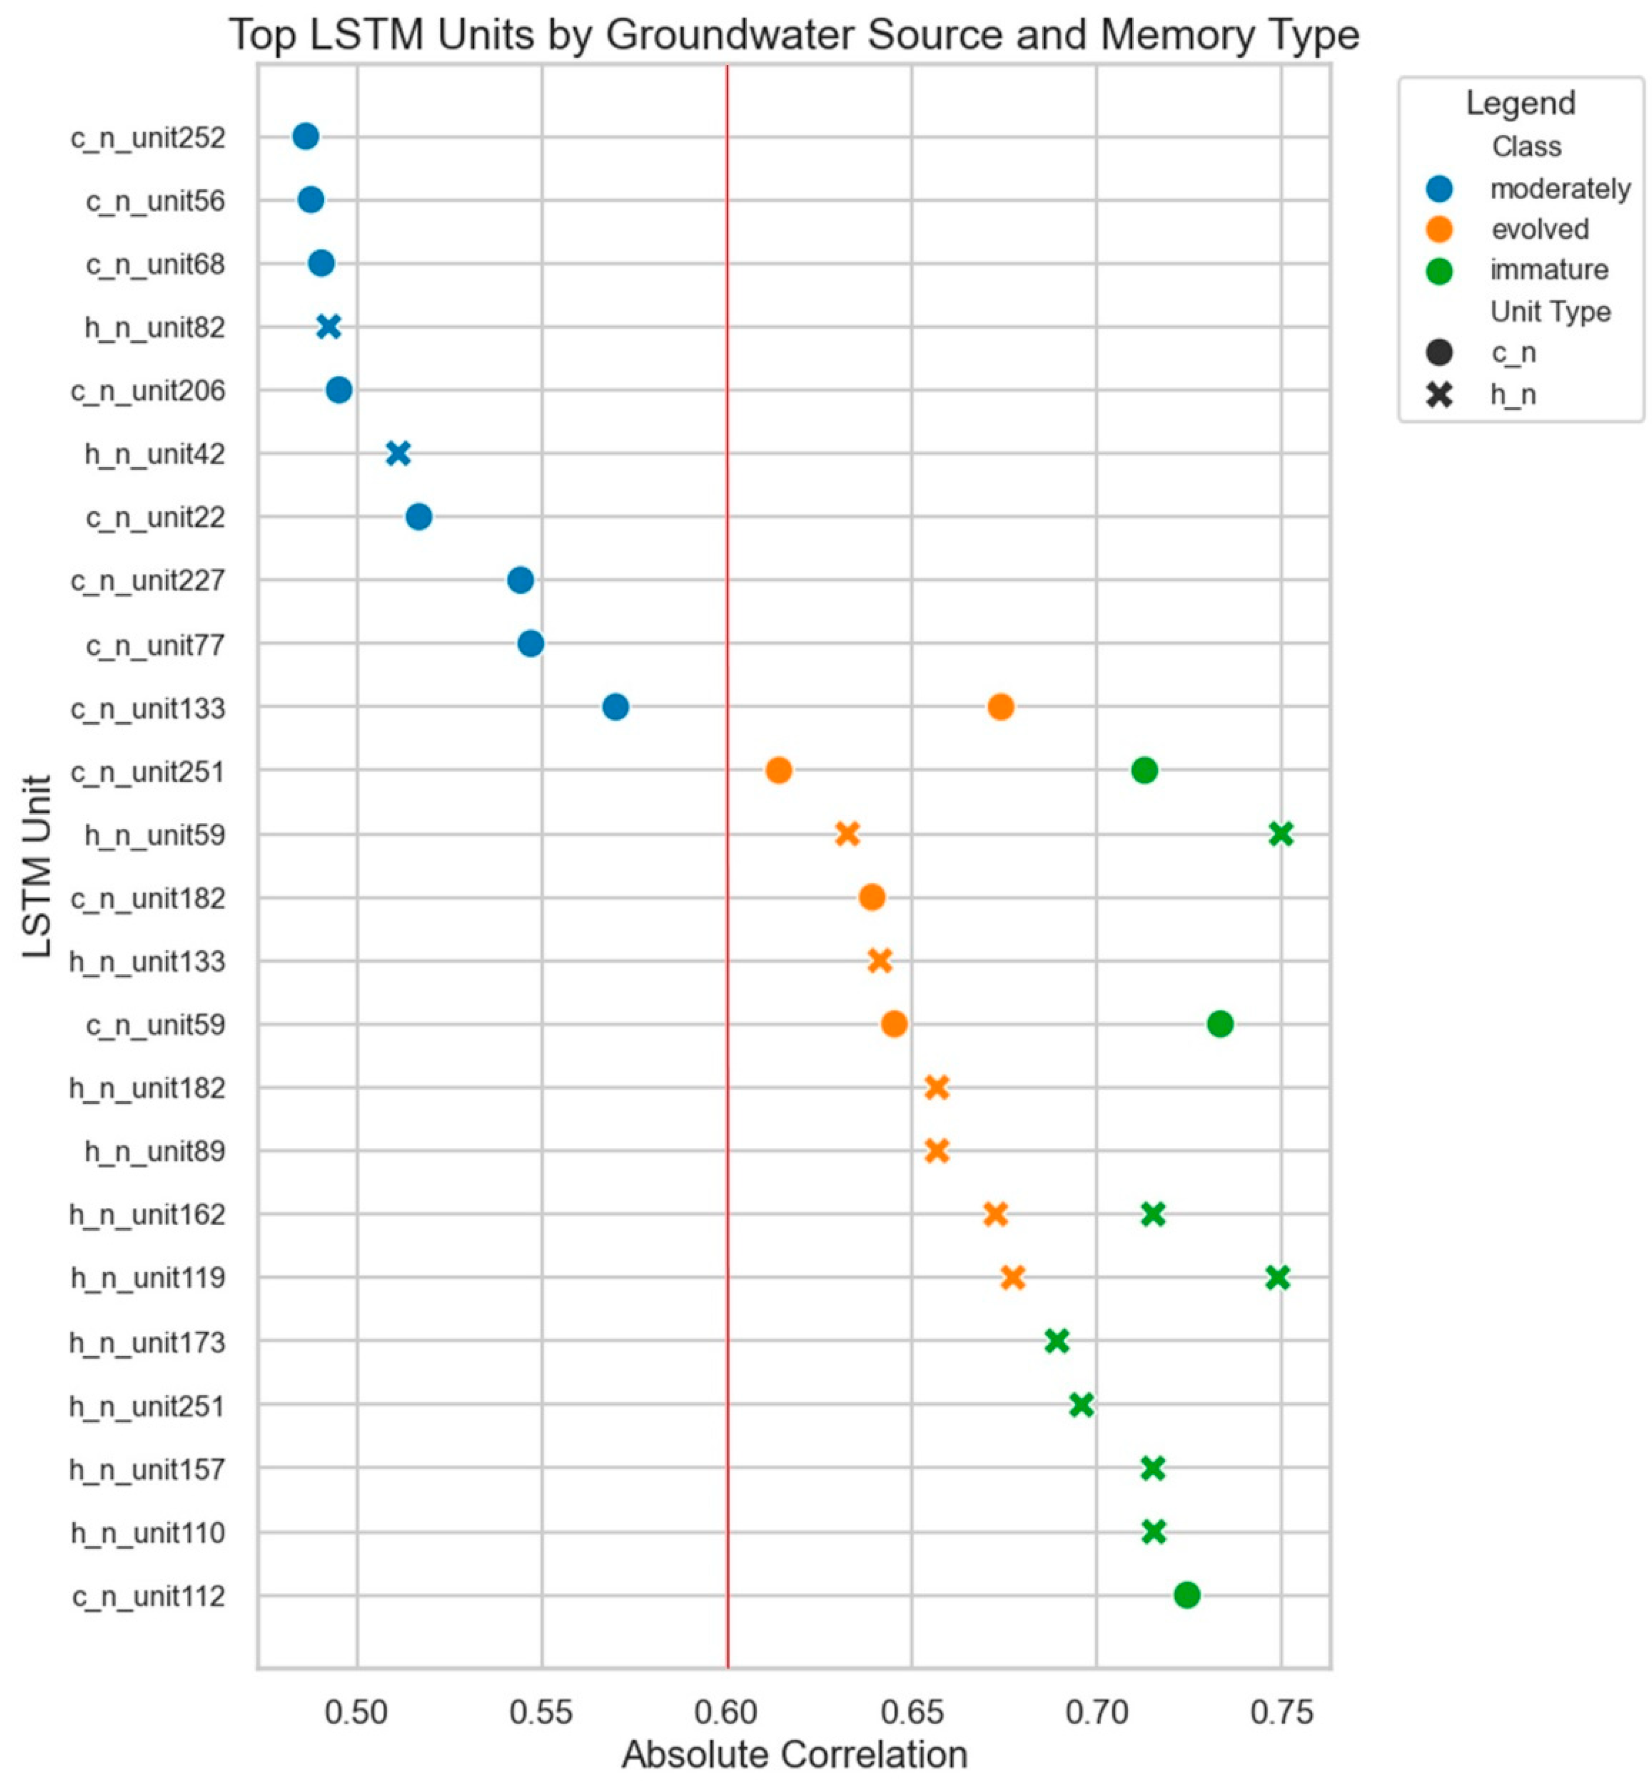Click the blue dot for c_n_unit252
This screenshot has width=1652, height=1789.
pos(306,137)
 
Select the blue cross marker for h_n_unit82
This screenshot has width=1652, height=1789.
pos(329,327)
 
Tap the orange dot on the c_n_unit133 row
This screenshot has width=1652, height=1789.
pos(1001,707)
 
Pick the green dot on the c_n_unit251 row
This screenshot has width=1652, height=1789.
pos(1144,770)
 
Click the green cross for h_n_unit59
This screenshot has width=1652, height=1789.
pos(1281,834)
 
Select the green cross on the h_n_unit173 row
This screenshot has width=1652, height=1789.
pos(1057,1341)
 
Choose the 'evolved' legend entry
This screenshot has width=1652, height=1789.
pos(1540,229)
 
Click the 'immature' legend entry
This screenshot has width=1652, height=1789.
pos(1548,270)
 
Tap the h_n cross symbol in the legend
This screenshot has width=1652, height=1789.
pos(1439,394)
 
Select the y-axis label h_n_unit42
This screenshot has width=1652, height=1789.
pos(155,455)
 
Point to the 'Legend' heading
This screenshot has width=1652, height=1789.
pos(1520,103)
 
